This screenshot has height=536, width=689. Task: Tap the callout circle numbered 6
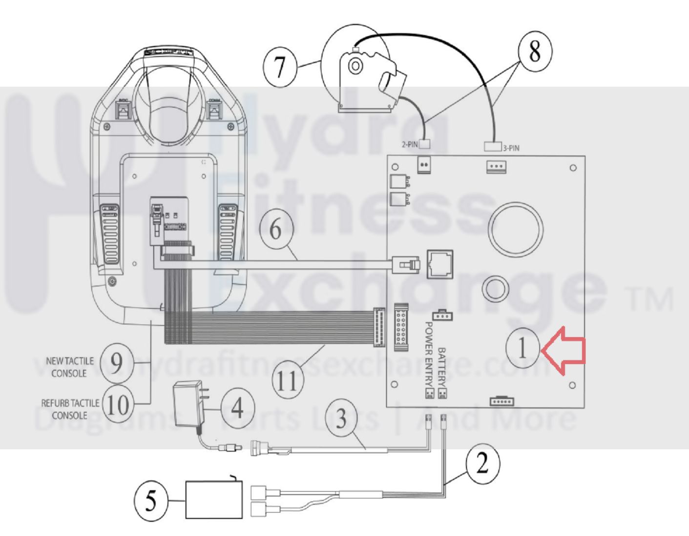tap(276, 229)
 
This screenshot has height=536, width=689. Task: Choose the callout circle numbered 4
tap(238, 407)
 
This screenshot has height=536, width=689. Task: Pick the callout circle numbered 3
tap(341, 417)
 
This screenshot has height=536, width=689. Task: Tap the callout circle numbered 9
tap(116, 362)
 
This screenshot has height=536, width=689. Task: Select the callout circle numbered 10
tap(118, 404)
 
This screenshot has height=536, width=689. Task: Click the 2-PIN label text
tap(410, 144)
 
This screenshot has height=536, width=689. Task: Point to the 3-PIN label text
tap(511, 148)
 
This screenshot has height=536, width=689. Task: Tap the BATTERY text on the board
tap(442, 366)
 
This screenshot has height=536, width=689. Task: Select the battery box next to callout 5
tap(214, 500)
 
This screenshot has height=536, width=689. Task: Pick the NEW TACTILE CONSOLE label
tap(69, 367)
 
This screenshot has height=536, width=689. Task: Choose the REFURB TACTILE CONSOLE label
tap(70, 409)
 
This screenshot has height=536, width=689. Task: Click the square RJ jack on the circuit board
tap(439, 264)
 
